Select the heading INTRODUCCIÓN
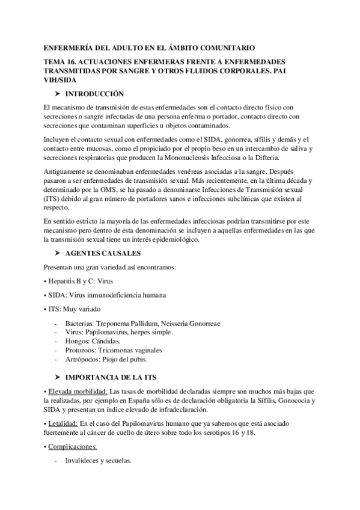pos(94,94)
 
